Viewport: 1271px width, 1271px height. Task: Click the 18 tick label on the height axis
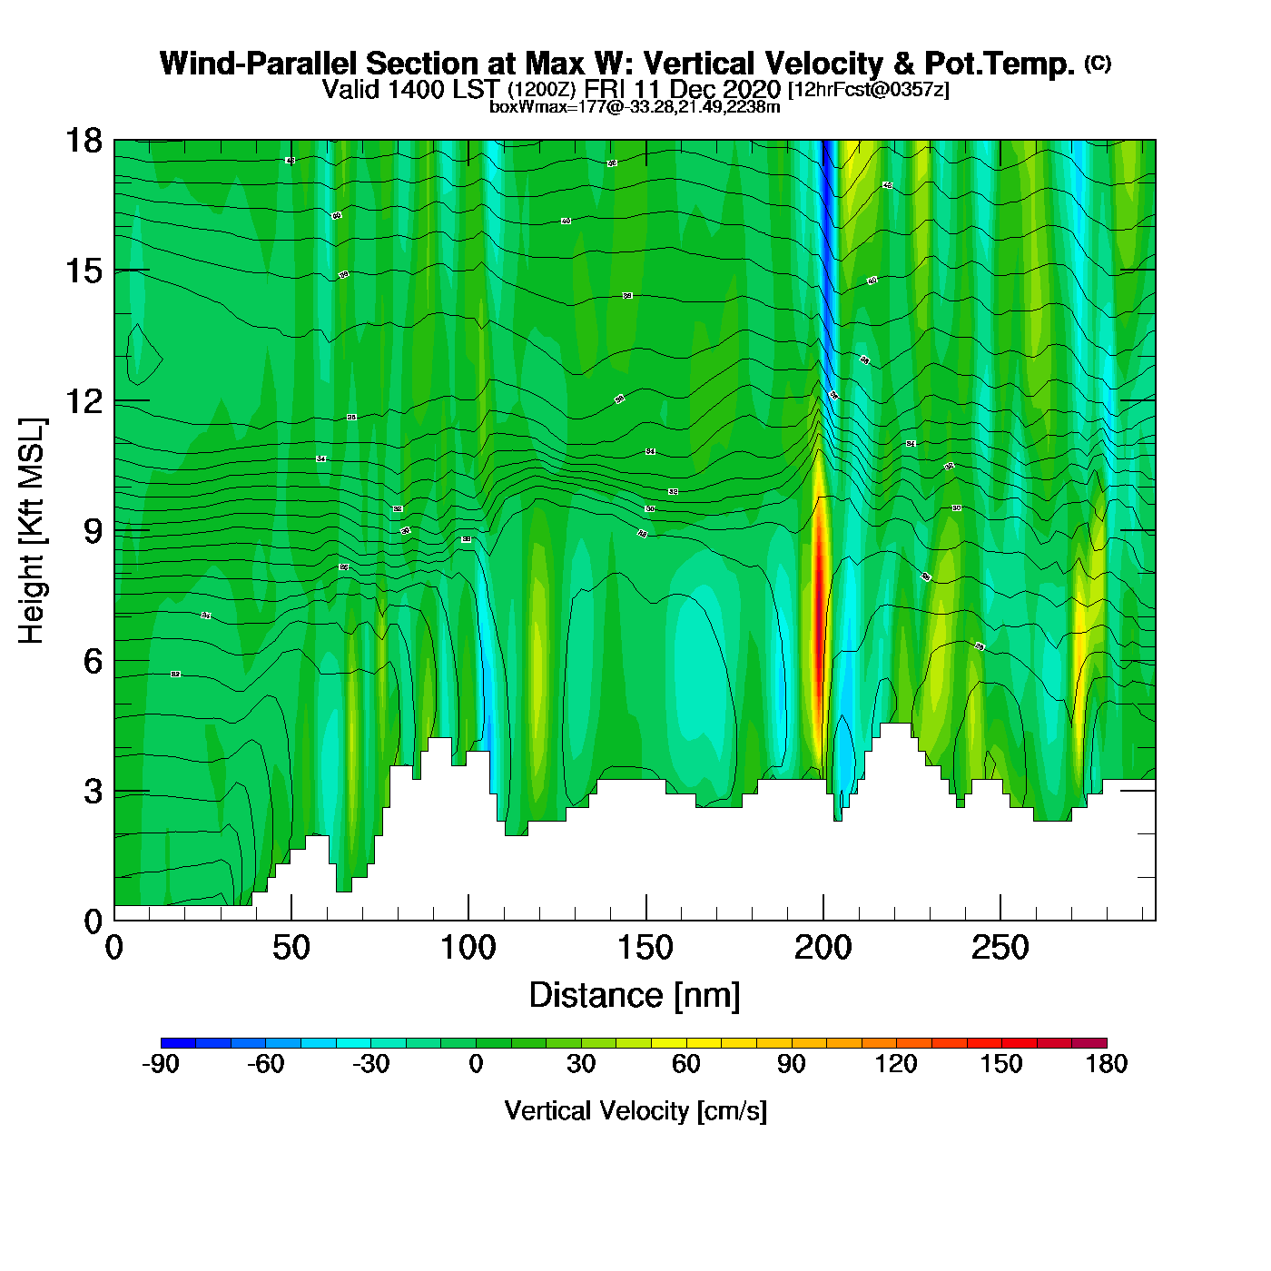84,141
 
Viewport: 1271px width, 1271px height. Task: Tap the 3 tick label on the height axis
93,792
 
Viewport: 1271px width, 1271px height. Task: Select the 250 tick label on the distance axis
1000,949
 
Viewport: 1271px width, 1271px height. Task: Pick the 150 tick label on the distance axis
645,949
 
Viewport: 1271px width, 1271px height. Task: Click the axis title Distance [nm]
635,996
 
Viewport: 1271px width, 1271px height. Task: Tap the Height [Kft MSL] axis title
32,531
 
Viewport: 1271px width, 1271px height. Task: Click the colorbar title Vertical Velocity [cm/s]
635,1110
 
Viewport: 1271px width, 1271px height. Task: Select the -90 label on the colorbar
161,1064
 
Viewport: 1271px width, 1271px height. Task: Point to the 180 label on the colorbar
1106,1064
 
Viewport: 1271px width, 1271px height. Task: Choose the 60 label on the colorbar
686,1064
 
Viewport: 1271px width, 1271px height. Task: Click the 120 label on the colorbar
896,1064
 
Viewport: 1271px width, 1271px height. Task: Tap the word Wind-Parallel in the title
261,64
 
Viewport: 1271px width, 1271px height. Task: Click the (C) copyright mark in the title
1097,63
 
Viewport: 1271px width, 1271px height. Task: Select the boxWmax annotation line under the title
635,107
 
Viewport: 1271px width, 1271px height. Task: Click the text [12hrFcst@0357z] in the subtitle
869,90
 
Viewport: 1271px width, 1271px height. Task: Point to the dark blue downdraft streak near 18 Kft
824,182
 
